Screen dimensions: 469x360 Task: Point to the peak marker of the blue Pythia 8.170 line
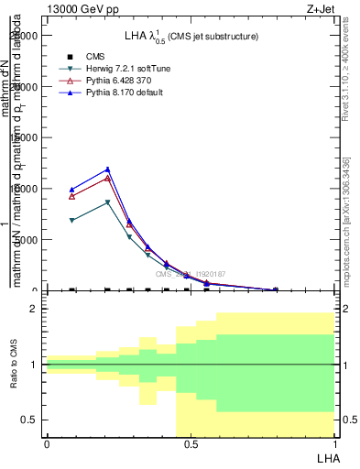pyautogui.click(x=108, y=169)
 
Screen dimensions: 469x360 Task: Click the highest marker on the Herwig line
pyautogui.click(x=108, y=202)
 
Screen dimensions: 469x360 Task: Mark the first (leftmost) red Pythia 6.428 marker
pyautogui.click(x=72, y=196)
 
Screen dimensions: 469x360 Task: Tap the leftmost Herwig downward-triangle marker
pyautogui.click(x=72, y=221)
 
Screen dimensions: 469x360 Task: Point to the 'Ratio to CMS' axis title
pyautogui.click(x=15, y=364)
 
